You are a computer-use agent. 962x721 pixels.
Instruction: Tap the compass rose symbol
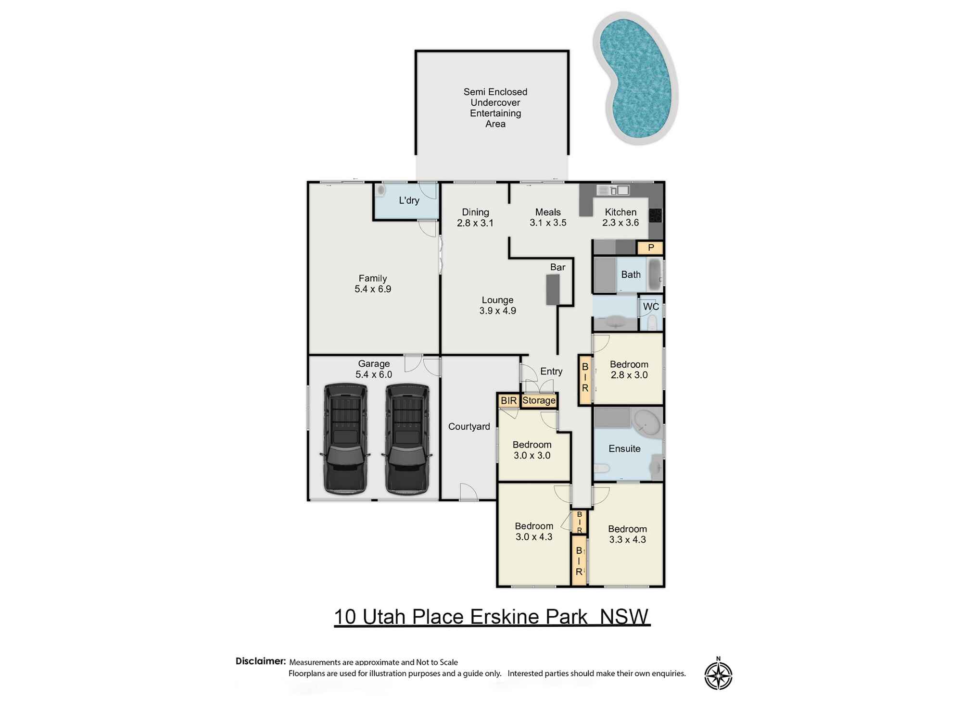pos(718,675)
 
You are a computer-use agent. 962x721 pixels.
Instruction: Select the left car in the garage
pos(345,438)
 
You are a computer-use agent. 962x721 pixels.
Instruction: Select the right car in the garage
pos(407,438)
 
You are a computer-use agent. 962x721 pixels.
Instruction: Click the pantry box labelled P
pos(651,248)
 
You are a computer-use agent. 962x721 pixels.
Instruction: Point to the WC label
pos(651,307)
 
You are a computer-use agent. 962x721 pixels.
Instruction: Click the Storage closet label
pos(539,400)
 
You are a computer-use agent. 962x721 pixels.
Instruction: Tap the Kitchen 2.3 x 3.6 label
pos(620,217)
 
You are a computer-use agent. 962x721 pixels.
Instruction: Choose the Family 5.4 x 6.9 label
pos(373,284)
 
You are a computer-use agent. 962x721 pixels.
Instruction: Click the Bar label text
pos(557,267)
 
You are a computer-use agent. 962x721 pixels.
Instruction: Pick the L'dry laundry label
pos(409,200)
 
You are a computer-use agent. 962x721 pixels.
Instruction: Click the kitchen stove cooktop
pos(655,215)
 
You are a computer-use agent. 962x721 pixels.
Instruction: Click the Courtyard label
pos(469,426)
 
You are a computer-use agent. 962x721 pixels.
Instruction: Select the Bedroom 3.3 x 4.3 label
pos(627,534)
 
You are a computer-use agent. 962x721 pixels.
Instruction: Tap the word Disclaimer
pos(261,661)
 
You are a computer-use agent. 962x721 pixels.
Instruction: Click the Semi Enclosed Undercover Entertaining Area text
pos(495,108)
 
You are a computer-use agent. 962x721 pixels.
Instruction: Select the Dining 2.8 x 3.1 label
pos(475,217)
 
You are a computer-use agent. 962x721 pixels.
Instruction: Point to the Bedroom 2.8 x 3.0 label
pos(629,370)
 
